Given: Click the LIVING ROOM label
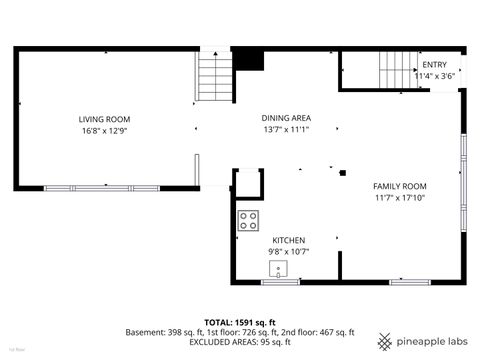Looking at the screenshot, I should pyautogui.click(x=105, y=119).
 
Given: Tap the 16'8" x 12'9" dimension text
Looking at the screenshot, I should pyautogui.click(x=105, y=130).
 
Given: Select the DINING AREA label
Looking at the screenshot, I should pyautogui.click(x=280, y=117).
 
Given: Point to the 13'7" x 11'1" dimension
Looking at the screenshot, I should pyautogui.click(x=280, y=129).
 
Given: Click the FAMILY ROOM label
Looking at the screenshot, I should pyautogui.click(x=400, y=186).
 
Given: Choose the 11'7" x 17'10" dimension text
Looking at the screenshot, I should pyautogui.click(x=400, y=198).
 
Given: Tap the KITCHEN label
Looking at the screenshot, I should pyautogui.click(x=289, y=240).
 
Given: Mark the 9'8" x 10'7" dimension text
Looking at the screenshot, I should pyautogui.click(x=289, y=252).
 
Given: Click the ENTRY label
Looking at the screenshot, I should pyautogui.click(x=435, y=65).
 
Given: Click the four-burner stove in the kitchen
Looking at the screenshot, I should pyautogui.click(x=248, y=219).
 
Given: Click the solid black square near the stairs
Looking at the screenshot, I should pyautogui.click(x=247, y=60).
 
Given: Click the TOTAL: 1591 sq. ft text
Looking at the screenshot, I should pyautogui.click(x=240, y=321).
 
